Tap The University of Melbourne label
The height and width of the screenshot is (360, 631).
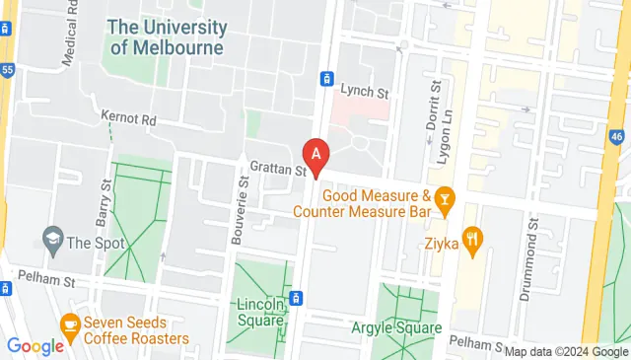coord(167,36)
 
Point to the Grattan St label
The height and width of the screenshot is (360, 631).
coord(277,169)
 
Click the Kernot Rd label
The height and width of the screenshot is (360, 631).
coord(128,118)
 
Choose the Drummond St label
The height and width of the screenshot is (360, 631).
coord(533,248)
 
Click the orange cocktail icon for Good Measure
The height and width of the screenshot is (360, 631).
coord(444,202)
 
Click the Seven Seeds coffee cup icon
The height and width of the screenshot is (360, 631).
coord(70,323)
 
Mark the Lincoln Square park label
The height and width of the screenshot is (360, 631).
coord(262,311)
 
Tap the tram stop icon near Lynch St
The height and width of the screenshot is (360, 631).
coord(325,78)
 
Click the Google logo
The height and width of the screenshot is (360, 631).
coord(35,345)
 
